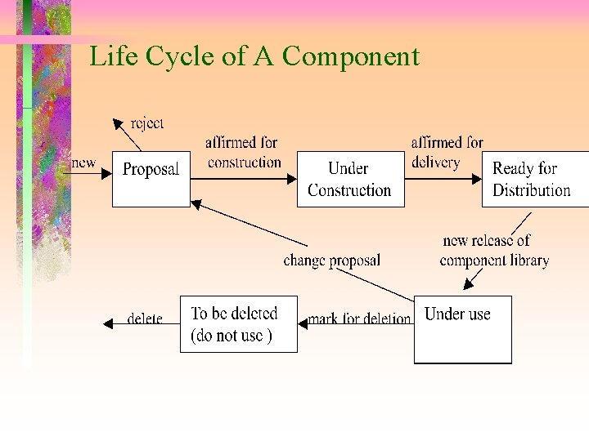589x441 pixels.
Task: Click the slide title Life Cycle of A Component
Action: point(254,57)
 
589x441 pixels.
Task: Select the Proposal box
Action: point(151,179)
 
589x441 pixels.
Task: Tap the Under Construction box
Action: point(349,179)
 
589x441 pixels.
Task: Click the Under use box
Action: point(462,329)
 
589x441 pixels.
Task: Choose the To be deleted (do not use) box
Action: point(238,324)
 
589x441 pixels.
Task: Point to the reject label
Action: point(147,123)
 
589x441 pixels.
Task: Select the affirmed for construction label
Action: point(244,153)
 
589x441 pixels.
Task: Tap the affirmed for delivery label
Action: point(447,153)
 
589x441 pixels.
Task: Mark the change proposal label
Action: point(331,261)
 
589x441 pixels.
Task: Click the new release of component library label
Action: point(493,251)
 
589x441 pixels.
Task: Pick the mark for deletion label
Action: point(360,318)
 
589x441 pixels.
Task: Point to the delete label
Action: point(145,318)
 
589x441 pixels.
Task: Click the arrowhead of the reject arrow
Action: point(118,123)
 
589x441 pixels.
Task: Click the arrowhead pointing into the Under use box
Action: point(469,286)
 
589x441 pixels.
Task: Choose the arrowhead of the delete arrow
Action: point(108,324)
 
